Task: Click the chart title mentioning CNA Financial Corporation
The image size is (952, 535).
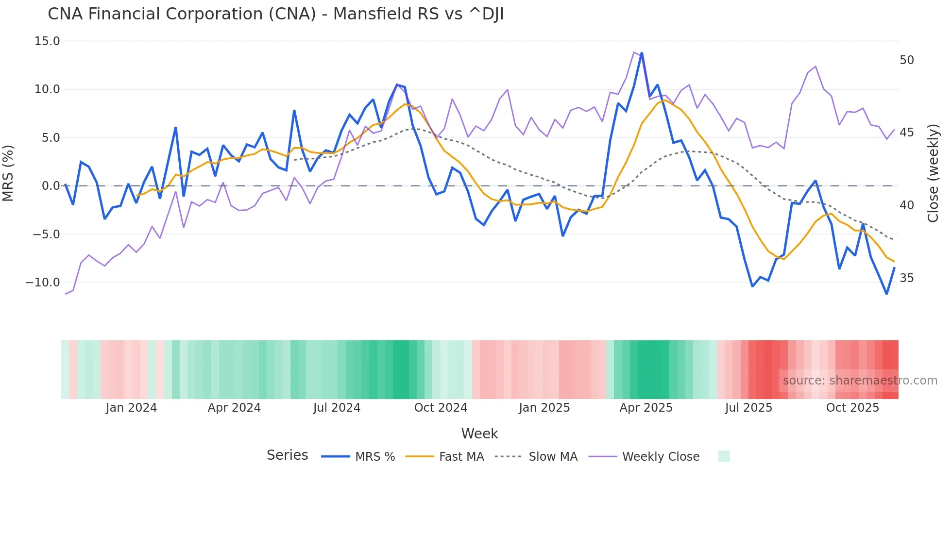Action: click(x=275, y=14)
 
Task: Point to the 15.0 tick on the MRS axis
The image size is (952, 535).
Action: click(x=47, y=41)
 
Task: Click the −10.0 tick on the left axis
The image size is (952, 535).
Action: click(x=43, y=283)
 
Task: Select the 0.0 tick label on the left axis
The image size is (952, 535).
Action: click(x=51, y=186)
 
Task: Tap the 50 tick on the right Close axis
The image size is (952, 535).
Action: click(x=906, y=60)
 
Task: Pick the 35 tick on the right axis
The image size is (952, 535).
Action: click(x=906, y=278)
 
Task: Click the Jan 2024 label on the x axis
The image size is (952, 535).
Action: click(x=131, y=408)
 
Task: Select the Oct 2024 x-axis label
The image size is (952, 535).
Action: click(x=441, y=408)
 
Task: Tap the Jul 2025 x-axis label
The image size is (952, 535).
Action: click(x=748, y=408)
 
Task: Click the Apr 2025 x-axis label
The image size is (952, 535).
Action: click(x=646, y=408)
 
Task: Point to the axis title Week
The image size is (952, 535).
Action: click(x=479, y=434)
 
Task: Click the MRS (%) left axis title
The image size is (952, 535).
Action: click(x=8, y=173)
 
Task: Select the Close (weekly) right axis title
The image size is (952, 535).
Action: click(x=933, y=173)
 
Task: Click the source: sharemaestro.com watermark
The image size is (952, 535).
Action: click(x=860, y=381)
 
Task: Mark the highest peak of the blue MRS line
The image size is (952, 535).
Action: click(x=642, y=53)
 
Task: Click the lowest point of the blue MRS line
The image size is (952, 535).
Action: click(x=886, y=294)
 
